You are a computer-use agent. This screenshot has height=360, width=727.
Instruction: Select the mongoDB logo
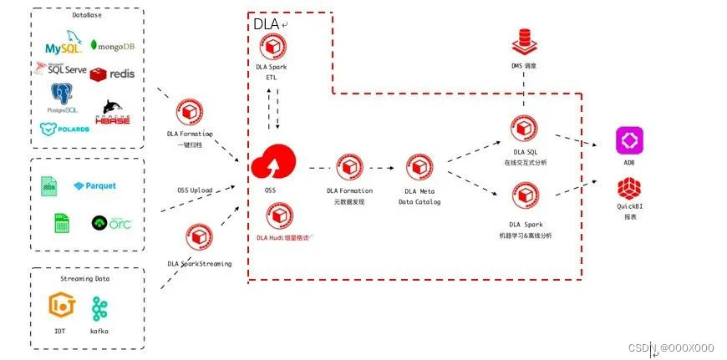click(x=113, y=46)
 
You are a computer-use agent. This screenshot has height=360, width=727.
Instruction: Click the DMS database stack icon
click(x=524, y=40)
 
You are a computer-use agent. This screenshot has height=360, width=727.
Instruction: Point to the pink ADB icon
click(x=628, y=139)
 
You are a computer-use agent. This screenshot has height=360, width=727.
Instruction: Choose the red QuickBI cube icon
click(x=628, y=189)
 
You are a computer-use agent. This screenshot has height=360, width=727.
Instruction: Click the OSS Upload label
click(x=195, y=190)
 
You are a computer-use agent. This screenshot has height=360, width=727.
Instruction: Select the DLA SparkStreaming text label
click(x=199, y=264)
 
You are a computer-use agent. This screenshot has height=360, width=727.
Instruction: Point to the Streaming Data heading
click(x=87, y=279)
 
